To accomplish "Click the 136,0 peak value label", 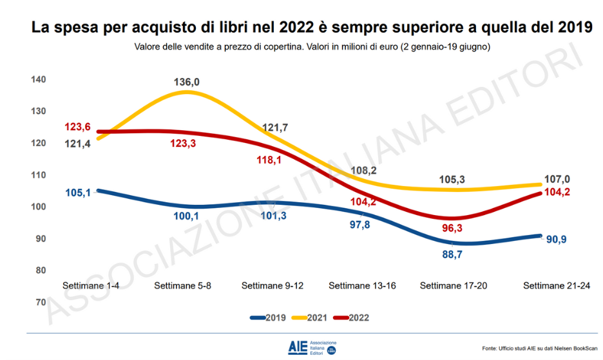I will [187, 82].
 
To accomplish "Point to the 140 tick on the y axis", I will [38, 79].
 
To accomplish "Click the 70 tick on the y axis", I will [41, 302].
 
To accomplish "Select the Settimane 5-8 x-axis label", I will [184, 285].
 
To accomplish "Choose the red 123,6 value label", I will [78, 128].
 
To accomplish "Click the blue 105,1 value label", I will [79, 191].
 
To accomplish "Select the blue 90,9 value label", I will [559, 239].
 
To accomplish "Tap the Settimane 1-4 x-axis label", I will [88, 285].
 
